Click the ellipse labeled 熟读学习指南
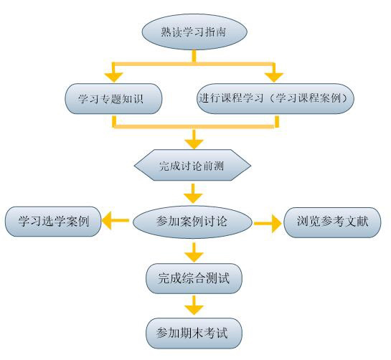194,32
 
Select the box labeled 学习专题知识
113,99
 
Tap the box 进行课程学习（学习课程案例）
275,99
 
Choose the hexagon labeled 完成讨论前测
192,165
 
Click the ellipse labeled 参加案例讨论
192,222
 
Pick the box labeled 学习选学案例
53,222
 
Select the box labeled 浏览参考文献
332,222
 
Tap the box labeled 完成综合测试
194,278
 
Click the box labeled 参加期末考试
194,333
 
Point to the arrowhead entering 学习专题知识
113,77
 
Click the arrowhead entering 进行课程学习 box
274,77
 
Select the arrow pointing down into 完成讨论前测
194,140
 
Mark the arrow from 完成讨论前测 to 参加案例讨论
193,194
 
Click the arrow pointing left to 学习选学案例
116,221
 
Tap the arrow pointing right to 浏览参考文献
268,223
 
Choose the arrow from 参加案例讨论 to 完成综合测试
194,252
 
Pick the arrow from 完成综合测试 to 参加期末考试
194,305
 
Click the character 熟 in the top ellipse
166,32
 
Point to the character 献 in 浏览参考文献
362,222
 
